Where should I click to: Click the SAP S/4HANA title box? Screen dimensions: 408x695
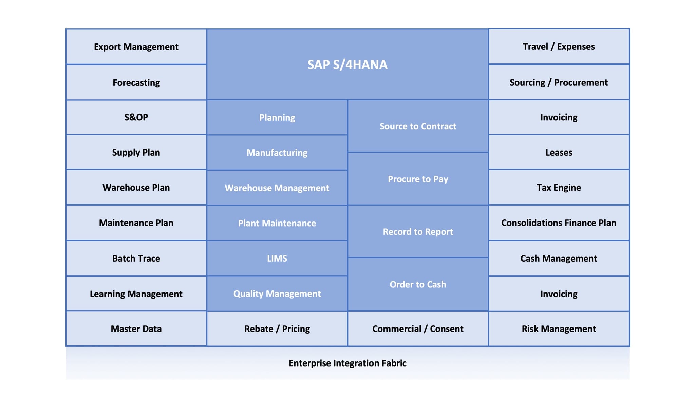pyautogui.click(x=347, y=64)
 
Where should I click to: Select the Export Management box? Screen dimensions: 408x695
pyautogui.click(x=136, y=47)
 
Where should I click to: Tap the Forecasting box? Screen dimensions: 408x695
pyautogui.click(x=136, y=82)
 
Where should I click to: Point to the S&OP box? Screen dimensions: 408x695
pyautogui.click(x=136, y=117)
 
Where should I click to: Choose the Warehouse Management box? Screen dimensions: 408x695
pyautogui.click(x=277, y=188)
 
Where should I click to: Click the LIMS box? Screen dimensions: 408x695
pyautogui.click(x=277, y=258)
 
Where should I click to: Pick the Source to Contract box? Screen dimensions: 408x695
pyautogui.click(x=418, y=126)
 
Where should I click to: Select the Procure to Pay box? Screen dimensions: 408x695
pyautogui.click(x=418, y=179)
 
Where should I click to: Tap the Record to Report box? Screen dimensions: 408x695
pyautogui.click(x=418, y=231)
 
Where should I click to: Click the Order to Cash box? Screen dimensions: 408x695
pyautogui.click(x=418, y=284)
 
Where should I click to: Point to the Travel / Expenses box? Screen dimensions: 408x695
pyautogui.click(x=559, y=46)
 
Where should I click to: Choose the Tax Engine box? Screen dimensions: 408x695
pyautogui.click(x=559, y=187)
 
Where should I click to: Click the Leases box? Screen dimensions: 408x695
pyautogui.click(x=559, y=152)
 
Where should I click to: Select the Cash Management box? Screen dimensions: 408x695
pyautogui.click(x=559, y=258)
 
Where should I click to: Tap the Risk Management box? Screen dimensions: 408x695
pyautogui.click(x=559, y=329)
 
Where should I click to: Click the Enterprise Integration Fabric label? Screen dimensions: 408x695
pyautogui.click(x=347, y=363)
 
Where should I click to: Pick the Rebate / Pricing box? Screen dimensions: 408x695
pyautogui.click(x=277, y=329)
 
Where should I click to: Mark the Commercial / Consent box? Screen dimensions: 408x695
pyautogui.click(x=418, y=329)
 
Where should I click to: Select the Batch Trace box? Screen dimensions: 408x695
pyautogui.click(x=136, y=258)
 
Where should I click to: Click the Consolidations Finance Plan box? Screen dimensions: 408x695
pyautogui.click(x=559, y=223)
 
